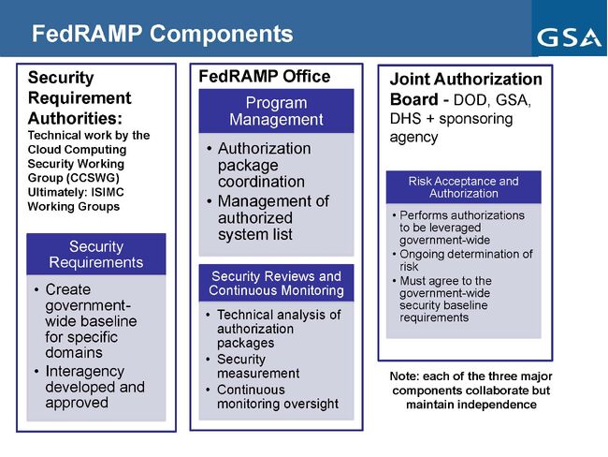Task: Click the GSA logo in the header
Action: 568,37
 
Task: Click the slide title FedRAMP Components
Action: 163,35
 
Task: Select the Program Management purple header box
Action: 277,111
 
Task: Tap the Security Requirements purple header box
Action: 96,254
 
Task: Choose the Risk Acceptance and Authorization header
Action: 463,187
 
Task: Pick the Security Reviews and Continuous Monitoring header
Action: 277,284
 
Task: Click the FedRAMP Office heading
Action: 265,77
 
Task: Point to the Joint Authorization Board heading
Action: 465,89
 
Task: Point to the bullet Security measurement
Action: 258,366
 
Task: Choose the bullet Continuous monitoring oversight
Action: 277,396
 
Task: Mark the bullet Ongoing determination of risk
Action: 465,260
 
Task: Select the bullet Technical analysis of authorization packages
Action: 278,329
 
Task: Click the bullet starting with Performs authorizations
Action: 461,228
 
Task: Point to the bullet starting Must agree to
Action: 459,300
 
